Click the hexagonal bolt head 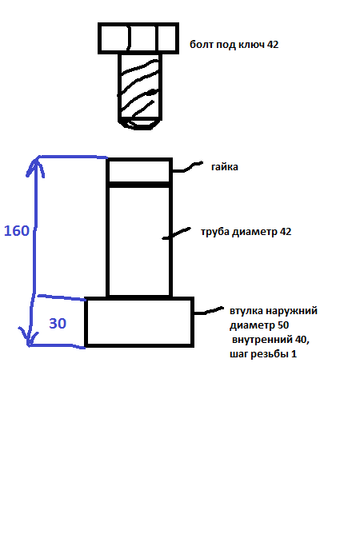[138, 38]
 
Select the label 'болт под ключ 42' [234, 45]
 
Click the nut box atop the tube [139, 170]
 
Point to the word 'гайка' [225, 167]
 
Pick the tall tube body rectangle [139, 241]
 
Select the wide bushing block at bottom [139, 322]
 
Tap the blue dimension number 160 [17, 231]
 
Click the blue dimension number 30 [58, 324]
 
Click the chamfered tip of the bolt [141, 122]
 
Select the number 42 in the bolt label [272, 45]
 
